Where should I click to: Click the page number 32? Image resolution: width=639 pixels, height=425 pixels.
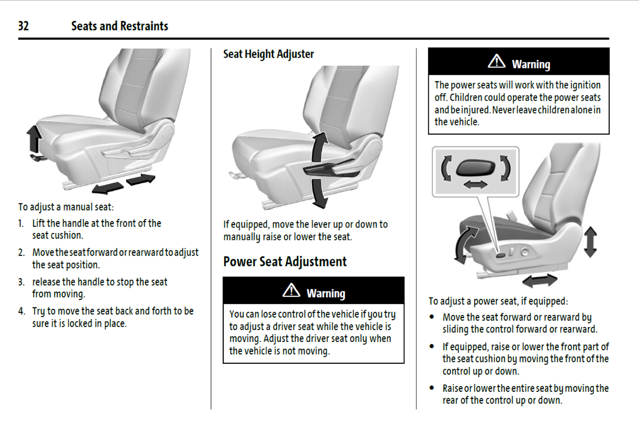(x=23, y=26)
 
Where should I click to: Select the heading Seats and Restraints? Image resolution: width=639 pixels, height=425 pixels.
(x=120, y=26)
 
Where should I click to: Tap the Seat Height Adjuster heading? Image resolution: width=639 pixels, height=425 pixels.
(x=268, y=54)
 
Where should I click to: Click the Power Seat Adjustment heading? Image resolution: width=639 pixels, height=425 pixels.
(x=285, y=262)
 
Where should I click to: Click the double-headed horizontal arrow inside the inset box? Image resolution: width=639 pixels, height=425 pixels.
(x=475, y=185)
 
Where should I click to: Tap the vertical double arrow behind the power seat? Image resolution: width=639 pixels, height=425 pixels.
(x=590, y=242)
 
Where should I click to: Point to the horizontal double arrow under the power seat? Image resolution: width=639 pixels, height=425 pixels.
(x=540, y=281)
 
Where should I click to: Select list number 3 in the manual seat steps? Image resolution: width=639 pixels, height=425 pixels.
(x=21, y=282)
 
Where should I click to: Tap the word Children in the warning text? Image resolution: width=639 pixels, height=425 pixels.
(x=466, y=97)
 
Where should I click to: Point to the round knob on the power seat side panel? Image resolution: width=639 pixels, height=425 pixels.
(x=525, y=252)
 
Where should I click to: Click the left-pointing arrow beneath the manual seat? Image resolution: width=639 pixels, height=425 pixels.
(x=107, y=188)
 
